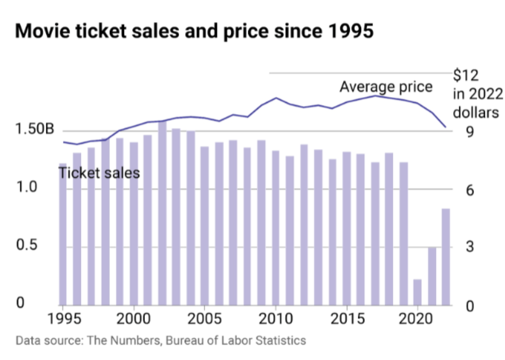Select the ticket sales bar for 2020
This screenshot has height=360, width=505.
417,292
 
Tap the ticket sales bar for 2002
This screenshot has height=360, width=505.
162,213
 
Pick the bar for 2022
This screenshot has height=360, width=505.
446,257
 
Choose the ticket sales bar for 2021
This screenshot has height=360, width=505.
432,276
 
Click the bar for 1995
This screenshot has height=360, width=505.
63,234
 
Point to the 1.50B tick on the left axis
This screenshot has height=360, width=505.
35,130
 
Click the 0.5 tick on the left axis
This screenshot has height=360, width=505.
27,246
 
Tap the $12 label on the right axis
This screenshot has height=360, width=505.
466,75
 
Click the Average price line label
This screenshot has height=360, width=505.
386,87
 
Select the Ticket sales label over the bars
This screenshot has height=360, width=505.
99,173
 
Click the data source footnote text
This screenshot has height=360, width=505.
161,340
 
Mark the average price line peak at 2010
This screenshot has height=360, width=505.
276,98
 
